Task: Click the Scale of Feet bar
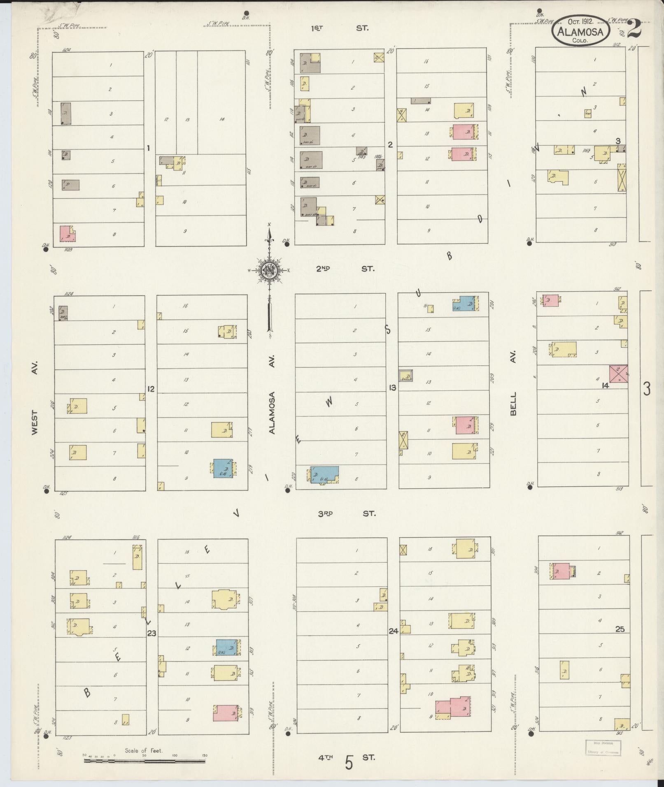pos(144,761)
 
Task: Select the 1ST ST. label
pos(339,28)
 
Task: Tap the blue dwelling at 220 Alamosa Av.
pos(324,475)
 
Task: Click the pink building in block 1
pos(68,234)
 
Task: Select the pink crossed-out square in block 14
pos(618,374)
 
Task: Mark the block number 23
pos(151,645)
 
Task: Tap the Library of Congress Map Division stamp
pos(603,748)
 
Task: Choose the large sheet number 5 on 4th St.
pos(349,763)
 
